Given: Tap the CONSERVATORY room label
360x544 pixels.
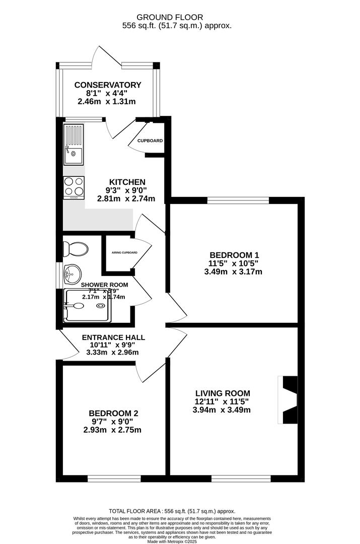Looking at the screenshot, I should [x=108, y=85].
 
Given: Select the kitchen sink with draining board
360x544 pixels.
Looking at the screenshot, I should [x=74, y=145].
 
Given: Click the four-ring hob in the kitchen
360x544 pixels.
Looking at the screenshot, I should [x=74, y=187].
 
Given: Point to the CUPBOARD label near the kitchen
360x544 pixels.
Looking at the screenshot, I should [x=150, y=141].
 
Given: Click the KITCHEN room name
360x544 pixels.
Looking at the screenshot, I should [x=127, y=182].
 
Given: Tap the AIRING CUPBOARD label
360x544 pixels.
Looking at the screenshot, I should [x=121, y=253].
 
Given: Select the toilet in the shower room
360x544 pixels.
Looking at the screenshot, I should [x=75, y=248].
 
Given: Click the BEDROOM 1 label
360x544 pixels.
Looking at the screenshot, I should [x=234, y=254].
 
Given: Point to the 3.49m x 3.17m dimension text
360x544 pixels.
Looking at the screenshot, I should [x=234, y=272].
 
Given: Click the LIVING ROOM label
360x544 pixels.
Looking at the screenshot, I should [x=222, y=393].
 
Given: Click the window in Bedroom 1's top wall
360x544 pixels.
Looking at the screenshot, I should [x=238, y=200].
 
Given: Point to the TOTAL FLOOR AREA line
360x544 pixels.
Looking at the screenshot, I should [x=180, y=511].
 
